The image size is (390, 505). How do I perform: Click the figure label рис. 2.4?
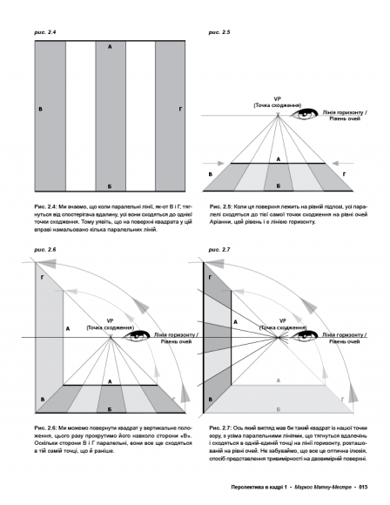coord(45,32)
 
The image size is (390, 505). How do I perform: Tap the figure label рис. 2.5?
coord(219,32)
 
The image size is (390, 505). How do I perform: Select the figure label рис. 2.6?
coord(45,250)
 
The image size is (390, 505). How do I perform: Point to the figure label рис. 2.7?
coord(219,250)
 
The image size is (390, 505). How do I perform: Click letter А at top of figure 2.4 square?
coord(110,47)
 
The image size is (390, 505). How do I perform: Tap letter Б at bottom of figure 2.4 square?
coord(110,186)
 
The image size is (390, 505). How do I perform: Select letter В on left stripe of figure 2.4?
coord(40,109)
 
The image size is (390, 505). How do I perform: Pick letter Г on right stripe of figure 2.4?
coord(180,109)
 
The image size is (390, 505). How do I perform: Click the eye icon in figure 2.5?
coord(305,114)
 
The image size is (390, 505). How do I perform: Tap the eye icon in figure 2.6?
coord(136,336)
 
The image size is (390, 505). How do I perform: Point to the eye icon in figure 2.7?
coord(305,336)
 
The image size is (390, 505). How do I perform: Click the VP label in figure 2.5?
coord(278,99)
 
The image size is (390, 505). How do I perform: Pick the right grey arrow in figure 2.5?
coord(343,164)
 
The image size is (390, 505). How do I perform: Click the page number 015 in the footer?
coord(363,487)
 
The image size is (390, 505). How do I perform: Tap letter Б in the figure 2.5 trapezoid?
coord(279,186)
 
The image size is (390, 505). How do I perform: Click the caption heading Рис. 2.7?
coord(220,428)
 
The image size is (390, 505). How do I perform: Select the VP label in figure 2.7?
coord(282,321)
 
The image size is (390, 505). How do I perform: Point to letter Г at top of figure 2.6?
coord(42,277)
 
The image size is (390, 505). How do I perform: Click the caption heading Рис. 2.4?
coord(46,206)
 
